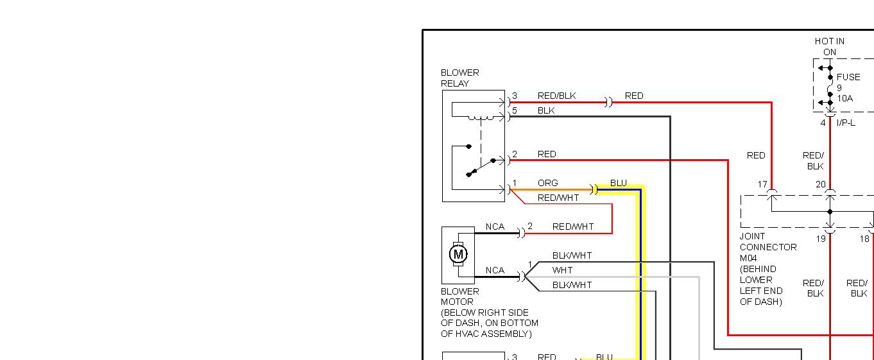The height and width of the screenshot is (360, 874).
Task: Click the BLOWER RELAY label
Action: pyautogui.click(x=459, y=78)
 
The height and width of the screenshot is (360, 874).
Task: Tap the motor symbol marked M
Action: pyautogui.click(x=458, y=254)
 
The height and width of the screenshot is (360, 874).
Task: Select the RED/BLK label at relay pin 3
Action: pyautogui.click(x=556, y=96)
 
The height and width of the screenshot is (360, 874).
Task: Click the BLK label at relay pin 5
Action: pyautogui.click(x=546, y=110)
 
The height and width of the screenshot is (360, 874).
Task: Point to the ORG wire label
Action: pyautogui.click(x=547, y=183)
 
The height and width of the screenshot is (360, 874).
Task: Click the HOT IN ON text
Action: pyautogui.click(x=830, y=46)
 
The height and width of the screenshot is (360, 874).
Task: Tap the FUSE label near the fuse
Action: pyautogui.click(x=848, y=77)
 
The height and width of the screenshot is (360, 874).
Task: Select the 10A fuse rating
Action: pyautogui.click(x=844, y=99)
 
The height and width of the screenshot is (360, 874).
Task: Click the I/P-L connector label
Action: pyautogui.click(x=846, y=123)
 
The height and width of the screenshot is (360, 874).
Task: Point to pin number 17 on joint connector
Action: pyautogui.click(x=762, y=184)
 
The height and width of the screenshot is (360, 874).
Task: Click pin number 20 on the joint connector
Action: pyautogui.click(x=820, y=184)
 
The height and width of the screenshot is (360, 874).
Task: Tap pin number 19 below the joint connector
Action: pyautogui.click(x=820, y=239)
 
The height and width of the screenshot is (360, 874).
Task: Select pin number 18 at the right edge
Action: pyautogui.click(x=864, y=239)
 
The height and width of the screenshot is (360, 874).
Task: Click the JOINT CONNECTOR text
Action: pyautogui.click(x=768, y=241)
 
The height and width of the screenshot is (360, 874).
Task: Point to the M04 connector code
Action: pyautogui.click(x=748, y=258)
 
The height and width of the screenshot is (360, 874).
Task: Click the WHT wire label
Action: pyautogui.click(x=562, y=270)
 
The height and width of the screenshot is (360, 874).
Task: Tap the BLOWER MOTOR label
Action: pyautogui.click(x=459, y=296)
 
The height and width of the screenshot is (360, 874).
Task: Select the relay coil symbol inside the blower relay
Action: pyautogui.click(x=480, y=117)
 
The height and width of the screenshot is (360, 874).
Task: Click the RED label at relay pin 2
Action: pyautogui.click(x=547, y=154)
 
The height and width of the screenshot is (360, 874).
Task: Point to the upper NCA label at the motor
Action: pyautogui.click(x=495, y=227)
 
